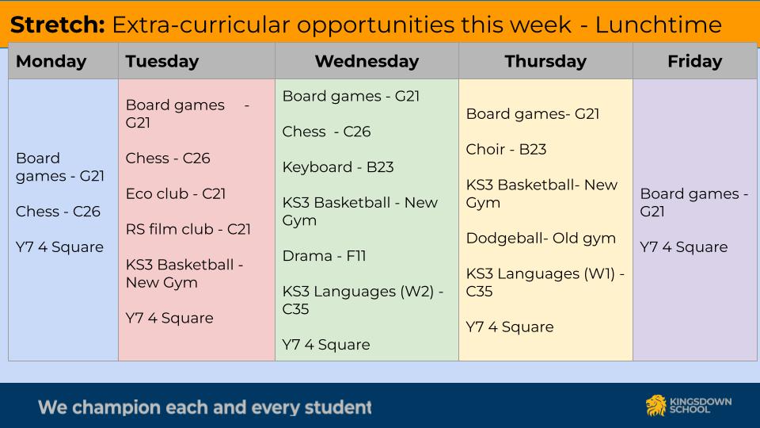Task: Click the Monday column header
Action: (x=51, y=62)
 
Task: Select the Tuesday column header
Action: (x=161, y=62)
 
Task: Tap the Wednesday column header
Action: (x=367, y=62)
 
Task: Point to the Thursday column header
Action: (x=545, y=62)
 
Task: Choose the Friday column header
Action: (x=694, y=62)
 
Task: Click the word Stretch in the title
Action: (x=57, y=25)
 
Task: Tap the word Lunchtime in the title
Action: (x=658, y=25)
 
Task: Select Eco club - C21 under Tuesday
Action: (x=176, y=193)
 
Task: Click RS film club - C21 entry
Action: (x=188, y=229)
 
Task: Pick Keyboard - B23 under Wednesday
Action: (x=338, y=167)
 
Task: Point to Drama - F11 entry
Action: (x=324, y=256)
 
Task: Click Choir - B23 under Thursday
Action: (x=506, y=150)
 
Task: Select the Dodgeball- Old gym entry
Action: (x=541, y=239)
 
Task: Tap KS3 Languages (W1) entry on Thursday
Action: (x=545, y=282)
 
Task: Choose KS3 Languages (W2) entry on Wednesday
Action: (x=363, y=300)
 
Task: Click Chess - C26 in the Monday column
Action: (x=58, y=212)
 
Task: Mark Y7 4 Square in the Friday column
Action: (x=683, y=247)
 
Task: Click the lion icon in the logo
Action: (x=655, y=405)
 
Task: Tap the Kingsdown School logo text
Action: (x=701, y=405)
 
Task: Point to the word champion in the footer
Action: (x=116, y=407)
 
